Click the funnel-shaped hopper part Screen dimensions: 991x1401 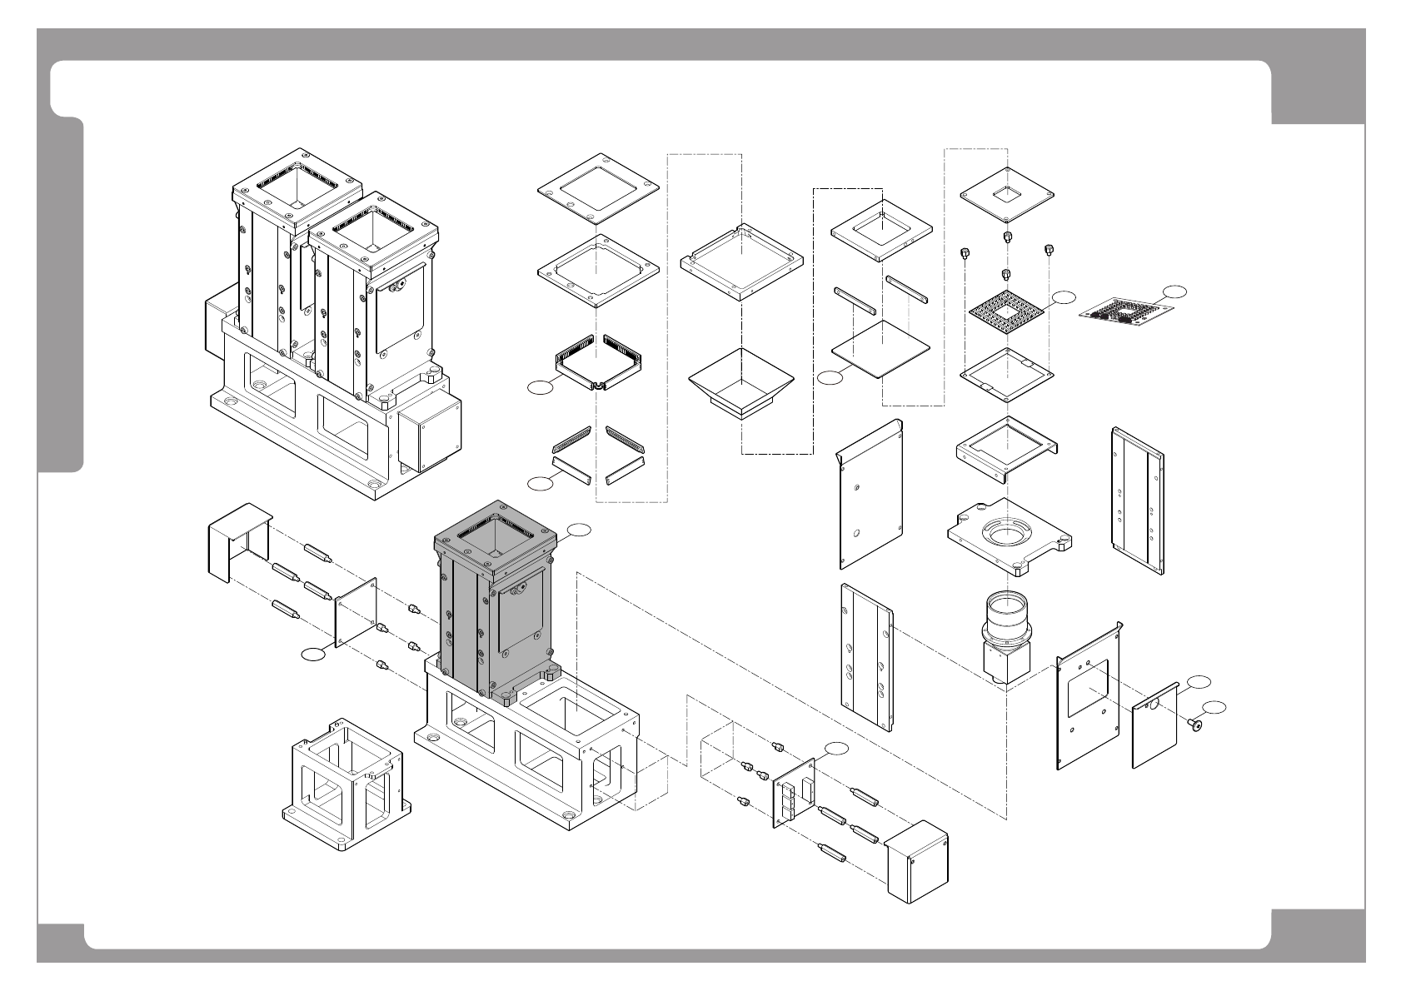click(740, 379)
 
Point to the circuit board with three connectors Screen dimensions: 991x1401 click(795, 791)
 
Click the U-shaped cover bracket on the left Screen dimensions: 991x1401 click(237, 541)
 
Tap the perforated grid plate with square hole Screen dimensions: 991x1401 click(1006, 317)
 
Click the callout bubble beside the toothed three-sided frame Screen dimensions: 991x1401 click(542, 386)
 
